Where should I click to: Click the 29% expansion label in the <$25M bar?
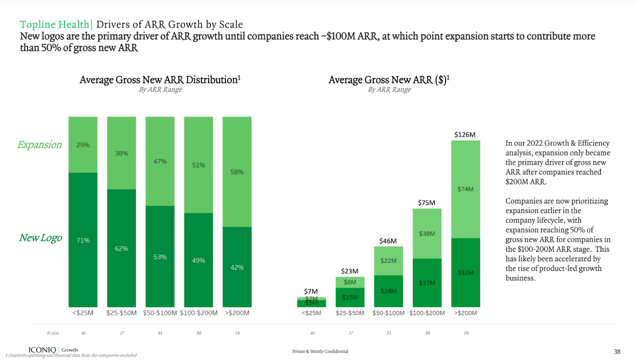(83, 145)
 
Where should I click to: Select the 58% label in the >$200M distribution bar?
(237, 172)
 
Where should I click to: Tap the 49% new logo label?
(198, 260)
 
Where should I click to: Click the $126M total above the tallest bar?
(465, 135)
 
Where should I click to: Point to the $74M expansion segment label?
(465, 189)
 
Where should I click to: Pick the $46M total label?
(388, 241)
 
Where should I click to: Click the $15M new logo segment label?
(350, 297)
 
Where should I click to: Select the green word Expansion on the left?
(39, 145)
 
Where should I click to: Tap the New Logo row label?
(41, 238)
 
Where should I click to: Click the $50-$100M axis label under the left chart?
(160, 313)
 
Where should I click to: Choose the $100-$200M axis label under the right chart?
(427, 313)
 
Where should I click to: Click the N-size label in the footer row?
(53, 333)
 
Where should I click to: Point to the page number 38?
(617, 352)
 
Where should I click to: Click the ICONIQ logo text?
(42, 350)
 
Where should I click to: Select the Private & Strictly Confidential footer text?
(320, 351)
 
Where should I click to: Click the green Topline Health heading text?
(55, 24)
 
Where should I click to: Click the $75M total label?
(426, 203)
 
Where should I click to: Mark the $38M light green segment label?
(426, 234)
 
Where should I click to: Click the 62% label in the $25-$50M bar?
(121, 248)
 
